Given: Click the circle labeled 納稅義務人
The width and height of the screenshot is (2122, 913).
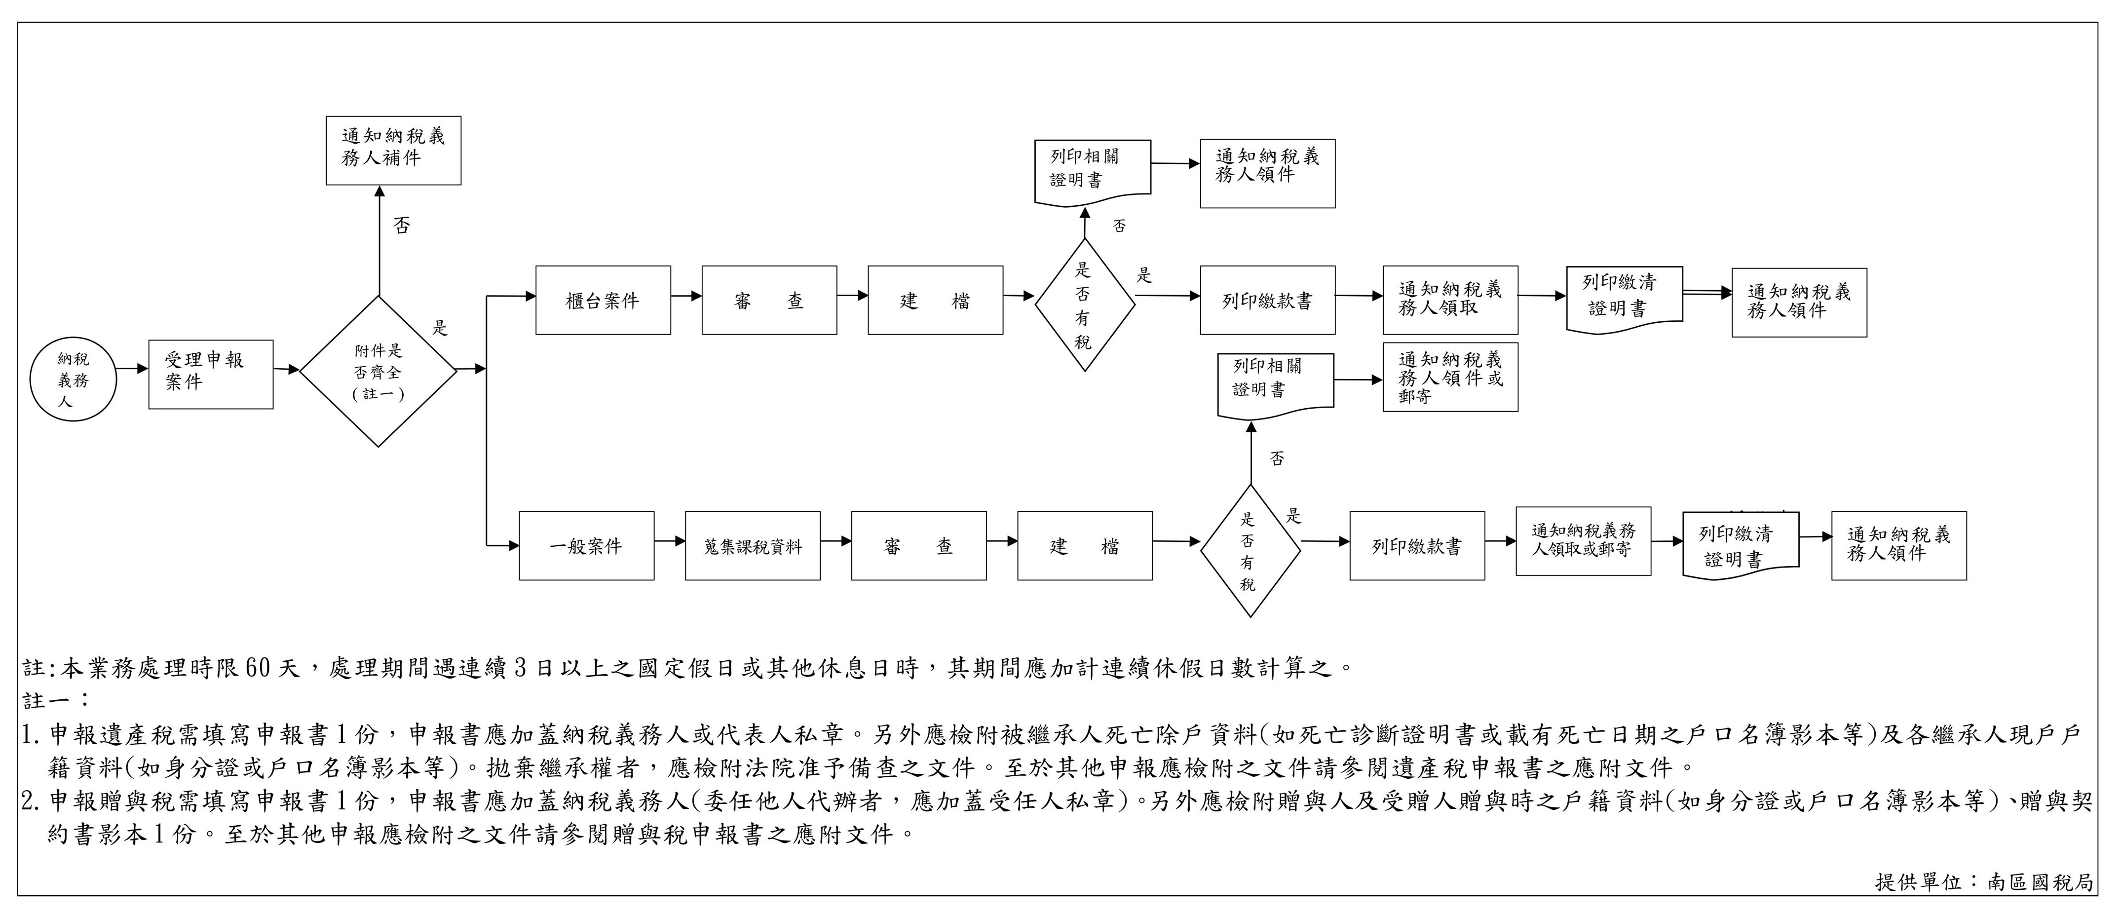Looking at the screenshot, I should tap(73, 380).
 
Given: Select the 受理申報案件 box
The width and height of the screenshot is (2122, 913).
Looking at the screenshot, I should tap(210, 374).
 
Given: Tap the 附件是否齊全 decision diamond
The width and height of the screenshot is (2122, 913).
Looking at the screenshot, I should tap(378, 372).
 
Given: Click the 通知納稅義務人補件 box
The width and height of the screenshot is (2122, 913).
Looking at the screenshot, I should tap(393, 150).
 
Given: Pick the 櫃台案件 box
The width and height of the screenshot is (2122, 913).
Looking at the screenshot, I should tap(603, 301).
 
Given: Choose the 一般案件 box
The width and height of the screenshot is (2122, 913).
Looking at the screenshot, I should tap(587, 545).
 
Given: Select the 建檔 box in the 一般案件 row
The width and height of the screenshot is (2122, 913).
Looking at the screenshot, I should tap(1085, 545).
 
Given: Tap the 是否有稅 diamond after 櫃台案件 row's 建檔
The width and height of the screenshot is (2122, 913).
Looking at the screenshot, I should tap(1084, 305).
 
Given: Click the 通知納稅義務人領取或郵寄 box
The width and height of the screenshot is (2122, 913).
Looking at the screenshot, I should tap(1583, 540).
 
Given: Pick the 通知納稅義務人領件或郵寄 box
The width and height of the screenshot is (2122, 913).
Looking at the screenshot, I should tap(1450, 378).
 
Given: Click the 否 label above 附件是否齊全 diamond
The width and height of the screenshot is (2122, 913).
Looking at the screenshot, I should tap(401, 226).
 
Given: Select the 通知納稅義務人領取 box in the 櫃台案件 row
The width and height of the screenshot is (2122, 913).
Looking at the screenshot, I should tap(1450, 300).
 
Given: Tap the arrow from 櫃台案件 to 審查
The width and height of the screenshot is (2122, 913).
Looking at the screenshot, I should tap(686, 295).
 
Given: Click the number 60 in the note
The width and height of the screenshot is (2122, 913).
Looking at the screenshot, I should tap(258, 667).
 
